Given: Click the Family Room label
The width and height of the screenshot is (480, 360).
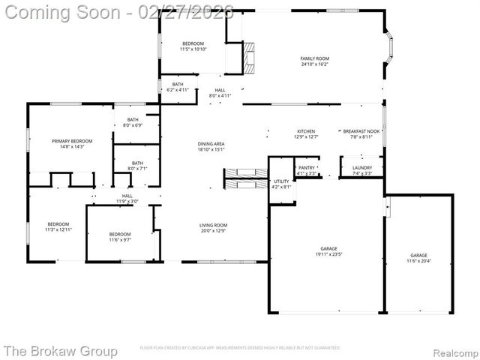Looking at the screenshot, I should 315,58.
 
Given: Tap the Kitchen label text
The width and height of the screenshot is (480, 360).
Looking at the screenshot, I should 305,131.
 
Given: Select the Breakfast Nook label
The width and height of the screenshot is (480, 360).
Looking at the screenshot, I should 358,131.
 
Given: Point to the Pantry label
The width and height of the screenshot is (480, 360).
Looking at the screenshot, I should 307,168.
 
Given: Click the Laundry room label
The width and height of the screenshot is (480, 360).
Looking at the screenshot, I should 362,168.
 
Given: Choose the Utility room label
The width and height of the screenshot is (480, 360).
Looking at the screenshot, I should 281,181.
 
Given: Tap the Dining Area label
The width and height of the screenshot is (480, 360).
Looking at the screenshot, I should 211,144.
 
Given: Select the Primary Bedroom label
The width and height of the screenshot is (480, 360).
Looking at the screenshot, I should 72,141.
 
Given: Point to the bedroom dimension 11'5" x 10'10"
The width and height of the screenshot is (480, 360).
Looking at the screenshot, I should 193,49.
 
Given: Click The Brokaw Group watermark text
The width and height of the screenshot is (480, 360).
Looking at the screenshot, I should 61,350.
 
